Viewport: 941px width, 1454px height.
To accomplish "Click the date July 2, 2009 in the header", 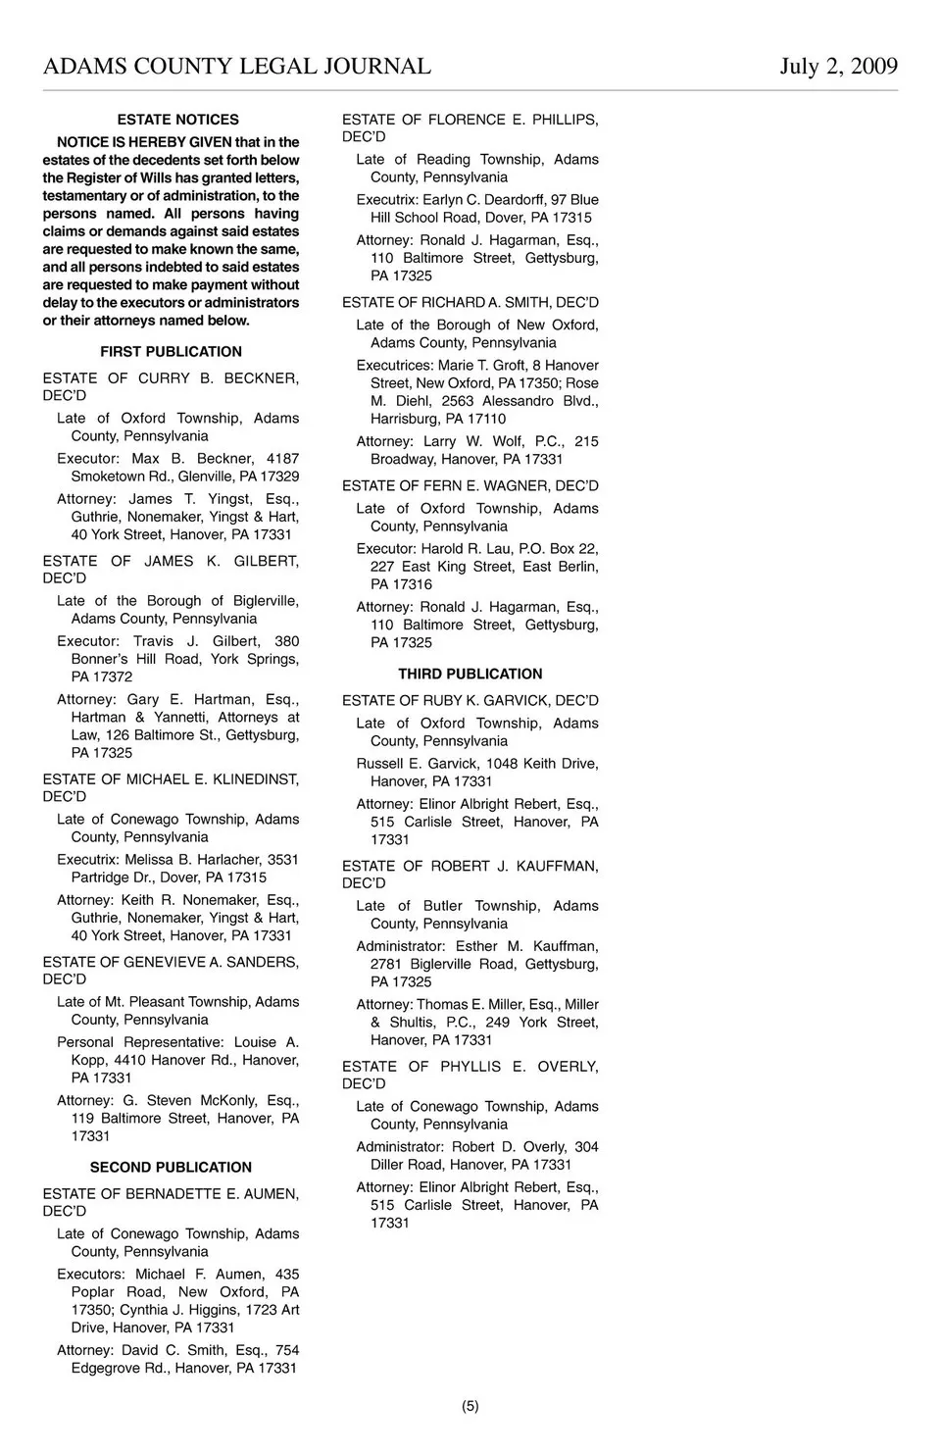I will pos(838,67).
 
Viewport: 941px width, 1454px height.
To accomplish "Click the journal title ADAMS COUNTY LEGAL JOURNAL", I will pos(237,67).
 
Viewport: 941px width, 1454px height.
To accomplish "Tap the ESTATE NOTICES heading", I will pos(177,120).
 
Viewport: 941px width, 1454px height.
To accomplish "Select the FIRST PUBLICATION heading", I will pos(171,352).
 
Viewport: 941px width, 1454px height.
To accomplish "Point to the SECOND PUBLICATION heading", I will pos(171,1168).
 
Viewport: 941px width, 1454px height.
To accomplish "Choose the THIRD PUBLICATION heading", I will pos(470,675).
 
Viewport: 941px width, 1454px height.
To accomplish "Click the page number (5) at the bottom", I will pos(470,1406).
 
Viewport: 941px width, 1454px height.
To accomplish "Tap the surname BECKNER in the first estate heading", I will pos(261,378).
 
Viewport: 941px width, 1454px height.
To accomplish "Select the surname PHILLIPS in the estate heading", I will pos(565,120).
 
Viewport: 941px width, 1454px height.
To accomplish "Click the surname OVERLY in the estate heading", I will pos(568,1067).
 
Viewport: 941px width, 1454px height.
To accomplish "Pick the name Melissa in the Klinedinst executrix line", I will pos(149,860).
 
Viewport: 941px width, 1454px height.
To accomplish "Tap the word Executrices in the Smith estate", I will pos(394,366).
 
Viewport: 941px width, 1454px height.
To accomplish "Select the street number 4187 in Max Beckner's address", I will pos(282,459).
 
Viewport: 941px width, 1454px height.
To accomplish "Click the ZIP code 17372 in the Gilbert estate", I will pos(113,677).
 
